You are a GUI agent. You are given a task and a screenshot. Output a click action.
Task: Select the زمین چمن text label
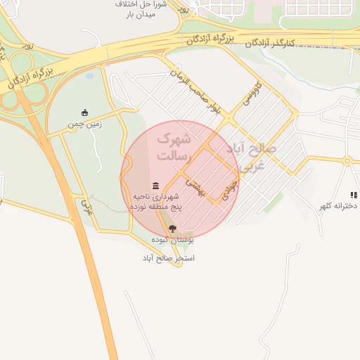click(x=85, y=124)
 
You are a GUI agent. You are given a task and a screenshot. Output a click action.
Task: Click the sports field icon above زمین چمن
click(x=85, y=112)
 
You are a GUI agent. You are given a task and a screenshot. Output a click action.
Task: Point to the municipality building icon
click(x=155, y=185)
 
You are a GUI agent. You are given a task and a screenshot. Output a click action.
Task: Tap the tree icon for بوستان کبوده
click(x=172, y=229)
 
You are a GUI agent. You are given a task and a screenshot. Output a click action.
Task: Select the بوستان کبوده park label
click(x=172, y=240)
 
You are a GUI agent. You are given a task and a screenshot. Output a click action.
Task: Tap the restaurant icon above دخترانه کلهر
click(x=353, y=195)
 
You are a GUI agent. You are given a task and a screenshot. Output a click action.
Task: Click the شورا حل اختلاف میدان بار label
click(x=145, y=10)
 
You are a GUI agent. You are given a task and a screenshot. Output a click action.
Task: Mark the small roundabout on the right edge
click(x=347, y=161)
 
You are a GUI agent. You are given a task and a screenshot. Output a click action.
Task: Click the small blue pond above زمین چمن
click(x=89, y=75)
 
